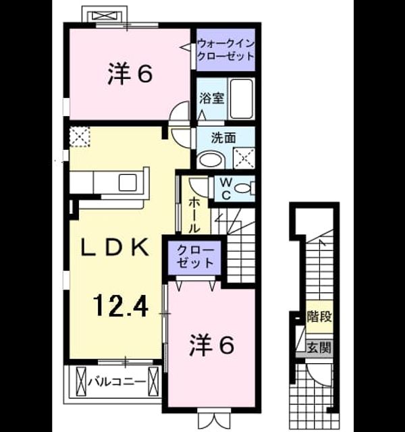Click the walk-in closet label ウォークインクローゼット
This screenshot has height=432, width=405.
(x=225, y=50)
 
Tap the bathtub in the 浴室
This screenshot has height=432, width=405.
(x=242, y=99)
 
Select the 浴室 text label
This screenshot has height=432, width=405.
(x=211, y=99)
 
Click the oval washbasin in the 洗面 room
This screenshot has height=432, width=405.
(x=211, y=161)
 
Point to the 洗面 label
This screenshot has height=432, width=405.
(x=223, y=138)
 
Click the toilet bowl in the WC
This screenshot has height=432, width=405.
(x=242, y=188)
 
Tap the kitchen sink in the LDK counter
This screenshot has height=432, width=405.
(x=128, y=182)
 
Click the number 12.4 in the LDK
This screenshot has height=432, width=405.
(x=121, y=305)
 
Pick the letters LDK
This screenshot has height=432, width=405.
(x=115, y=248)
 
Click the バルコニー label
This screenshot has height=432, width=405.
(x=117, y=382)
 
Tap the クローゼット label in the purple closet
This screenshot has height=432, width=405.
(x=195, y=256)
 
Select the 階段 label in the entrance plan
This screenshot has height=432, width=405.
(x=319, y=317)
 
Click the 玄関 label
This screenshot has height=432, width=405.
(x=319, y=348)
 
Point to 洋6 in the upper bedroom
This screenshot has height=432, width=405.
(x=130, y=74)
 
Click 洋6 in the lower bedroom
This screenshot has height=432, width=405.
(x=211, y=345)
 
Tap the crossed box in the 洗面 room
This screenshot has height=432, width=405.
(x=244, y=158)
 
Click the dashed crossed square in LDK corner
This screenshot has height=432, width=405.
(x=80, y=136)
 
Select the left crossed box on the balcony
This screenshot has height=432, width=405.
(x=81, y=381)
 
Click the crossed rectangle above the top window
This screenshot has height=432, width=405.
(x=105, y=16)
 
